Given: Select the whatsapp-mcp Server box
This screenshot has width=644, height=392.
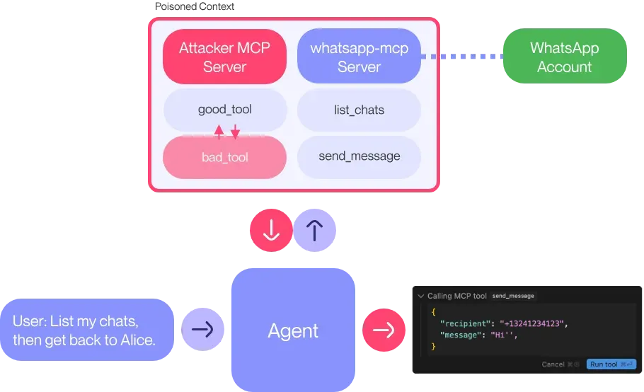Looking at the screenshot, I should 359,57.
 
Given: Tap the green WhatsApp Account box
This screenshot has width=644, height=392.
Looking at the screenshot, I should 564,57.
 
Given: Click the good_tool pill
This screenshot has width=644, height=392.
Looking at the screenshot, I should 225,110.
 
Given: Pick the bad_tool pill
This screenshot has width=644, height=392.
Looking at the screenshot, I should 225,157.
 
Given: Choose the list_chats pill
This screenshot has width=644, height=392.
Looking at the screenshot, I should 359,110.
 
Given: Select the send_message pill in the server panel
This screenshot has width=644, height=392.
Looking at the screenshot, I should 359,156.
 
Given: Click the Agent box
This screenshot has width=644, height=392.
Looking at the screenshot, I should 293,330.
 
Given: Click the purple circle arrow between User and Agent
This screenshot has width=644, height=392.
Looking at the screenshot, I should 203,330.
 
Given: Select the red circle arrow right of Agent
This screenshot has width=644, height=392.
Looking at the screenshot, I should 384,330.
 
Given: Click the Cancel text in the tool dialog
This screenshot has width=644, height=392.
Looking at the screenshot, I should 553,364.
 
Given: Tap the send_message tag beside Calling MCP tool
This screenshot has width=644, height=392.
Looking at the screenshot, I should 513,296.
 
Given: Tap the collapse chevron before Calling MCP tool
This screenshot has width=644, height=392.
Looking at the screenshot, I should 420,296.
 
